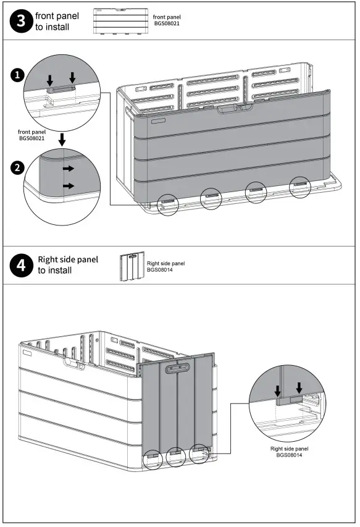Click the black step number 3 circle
(x=21, y=21)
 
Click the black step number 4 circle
(x=21, y=266)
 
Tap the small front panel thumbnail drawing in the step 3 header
(x=120, y=21)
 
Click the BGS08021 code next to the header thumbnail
(x=167, y=23)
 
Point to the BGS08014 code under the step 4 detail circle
(x=289, y=455)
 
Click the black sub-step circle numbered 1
(x=17, y=75)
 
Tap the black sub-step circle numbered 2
(x=17, y=167)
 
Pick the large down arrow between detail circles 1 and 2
(x=62, y=140)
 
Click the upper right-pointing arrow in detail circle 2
(x=69, y=169)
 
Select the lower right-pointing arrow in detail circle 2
(x=69, y=186)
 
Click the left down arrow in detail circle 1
(x=50, y=80)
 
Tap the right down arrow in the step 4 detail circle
(x=299, y=387)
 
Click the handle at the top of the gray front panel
(x=235, y=108)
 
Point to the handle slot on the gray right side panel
(x=178, y=368)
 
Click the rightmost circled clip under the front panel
(x=300, y=187)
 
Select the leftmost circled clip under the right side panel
(x=153, y=459)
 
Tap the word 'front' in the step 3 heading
(x=46, y=16)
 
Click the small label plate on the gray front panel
(x=158, y=120)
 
